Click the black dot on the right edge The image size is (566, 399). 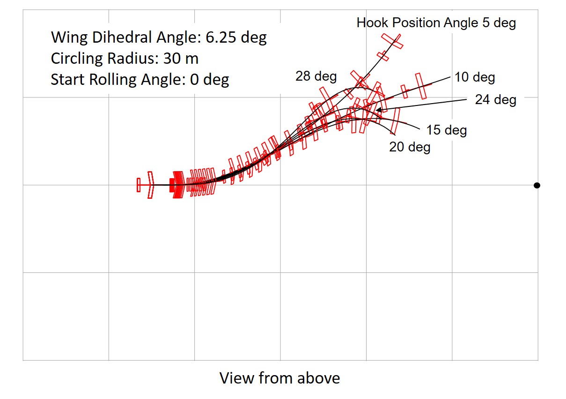point(537,185)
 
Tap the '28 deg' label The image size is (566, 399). point(316,76)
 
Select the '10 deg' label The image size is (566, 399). point(475,77)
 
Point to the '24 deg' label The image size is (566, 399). point(496,99)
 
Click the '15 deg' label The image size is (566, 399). point(447,130)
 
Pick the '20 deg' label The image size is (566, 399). point(410,147)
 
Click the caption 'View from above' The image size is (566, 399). point(279,378)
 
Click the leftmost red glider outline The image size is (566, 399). point(145,185)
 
